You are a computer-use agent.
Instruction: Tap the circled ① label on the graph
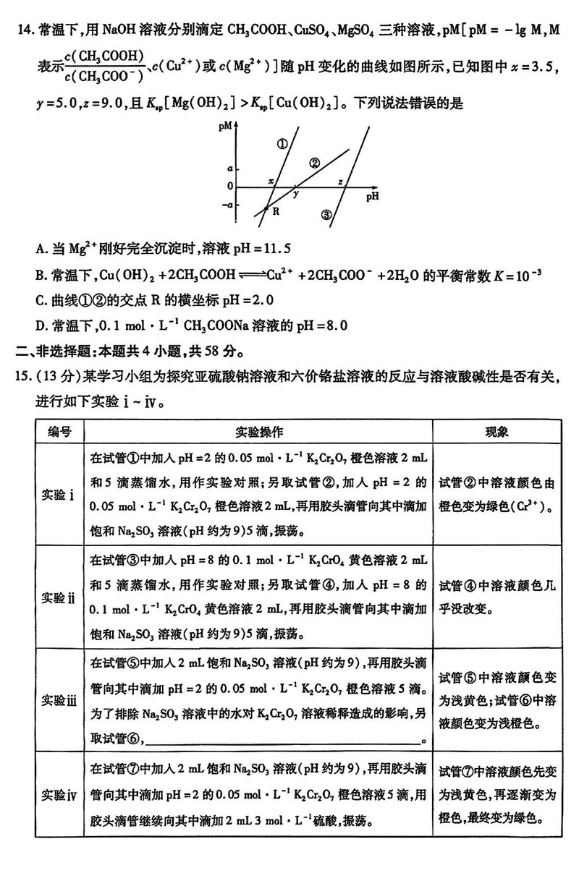[282, 143]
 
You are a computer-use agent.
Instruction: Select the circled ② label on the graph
[314, 163]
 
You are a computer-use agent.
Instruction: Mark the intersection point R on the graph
[266, 209]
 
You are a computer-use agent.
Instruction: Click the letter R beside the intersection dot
[276, 211]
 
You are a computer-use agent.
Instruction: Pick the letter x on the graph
[271, 181]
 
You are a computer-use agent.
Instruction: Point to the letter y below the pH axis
[296, 195]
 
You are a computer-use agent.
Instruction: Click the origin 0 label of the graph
[230, 187]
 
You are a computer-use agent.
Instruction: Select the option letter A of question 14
[41, 249]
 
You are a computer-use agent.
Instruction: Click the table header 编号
[60, 431]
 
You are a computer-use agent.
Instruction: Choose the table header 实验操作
[259, 431]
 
